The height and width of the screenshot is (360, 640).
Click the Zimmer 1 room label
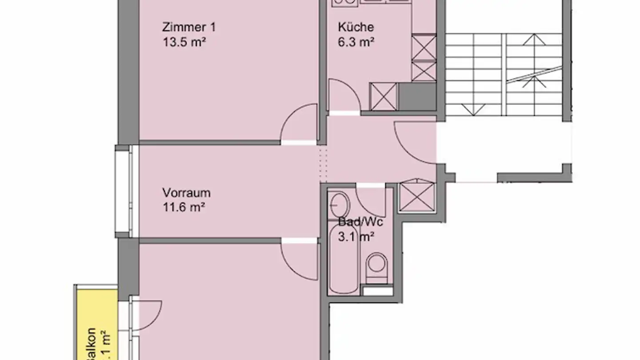tap(189, 27)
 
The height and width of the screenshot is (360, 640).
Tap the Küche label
tap(356, 27)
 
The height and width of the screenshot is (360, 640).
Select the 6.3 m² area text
tap(356, 43)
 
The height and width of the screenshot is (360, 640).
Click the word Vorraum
tap(186, 193)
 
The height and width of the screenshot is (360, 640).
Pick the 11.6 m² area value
tap(184, 207)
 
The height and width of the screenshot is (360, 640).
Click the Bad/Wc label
tap(360, 222)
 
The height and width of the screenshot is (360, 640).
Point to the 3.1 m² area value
tap(356, 236)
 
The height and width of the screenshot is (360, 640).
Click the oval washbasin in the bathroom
tap(340, 205)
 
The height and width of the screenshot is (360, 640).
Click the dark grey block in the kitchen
tap(417, 96)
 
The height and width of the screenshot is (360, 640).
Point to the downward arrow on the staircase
tap(470, 108)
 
